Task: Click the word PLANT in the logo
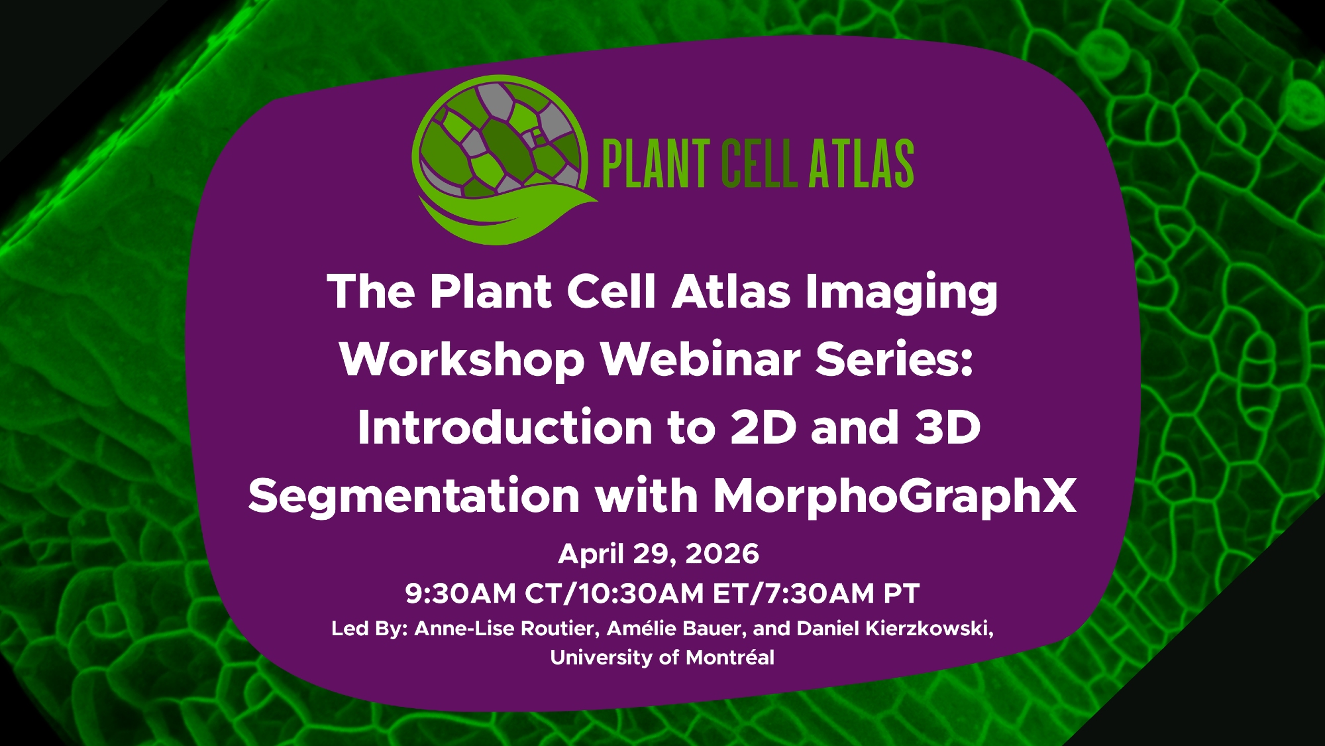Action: (x=656, y=164)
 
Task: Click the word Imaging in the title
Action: (x=902, y=293)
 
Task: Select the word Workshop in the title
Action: (x=462, y=359)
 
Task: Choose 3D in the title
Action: (x=947, y=428)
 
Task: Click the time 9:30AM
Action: (x=460, y=593)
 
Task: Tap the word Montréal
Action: (x=730, y=658)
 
